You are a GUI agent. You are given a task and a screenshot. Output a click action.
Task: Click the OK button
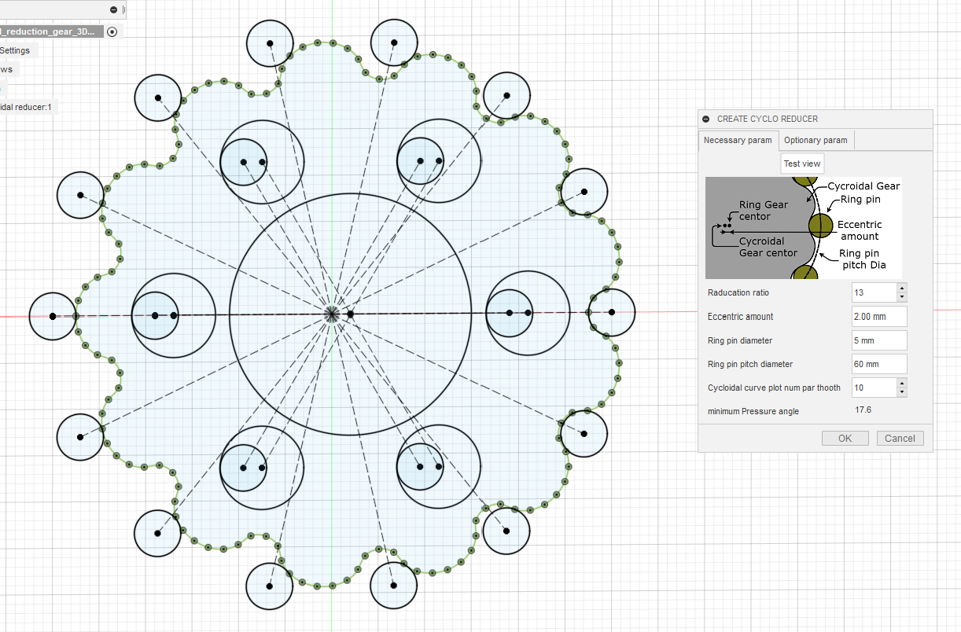coord(845,439)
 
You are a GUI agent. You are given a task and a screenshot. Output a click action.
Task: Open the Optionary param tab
coord(816,141)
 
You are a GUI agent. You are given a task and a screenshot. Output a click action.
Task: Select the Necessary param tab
coord(738,141)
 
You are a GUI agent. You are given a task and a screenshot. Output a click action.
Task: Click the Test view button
coord(802,164)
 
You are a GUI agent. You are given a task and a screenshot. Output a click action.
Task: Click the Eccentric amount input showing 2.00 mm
coord(879,317)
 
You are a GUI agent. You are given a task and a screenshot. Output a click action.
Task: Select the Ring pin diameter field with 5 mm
coord(879,340)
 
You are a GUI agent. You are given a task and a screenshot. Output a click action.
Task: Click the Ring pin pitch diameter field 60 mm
coord(879,364)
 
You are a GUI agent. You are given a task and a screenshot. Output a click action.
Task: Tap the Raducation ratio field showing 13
coord(874,292)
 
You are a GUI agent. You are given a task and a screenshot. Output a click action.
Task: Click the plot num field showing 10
coord(874,388)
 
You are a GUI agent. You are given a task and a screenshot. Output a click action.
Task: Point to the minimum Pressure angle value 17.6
coord(863,410)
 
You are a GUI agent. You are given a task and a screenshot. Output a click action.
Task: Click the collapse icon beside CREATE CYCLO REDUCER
coord(706,119)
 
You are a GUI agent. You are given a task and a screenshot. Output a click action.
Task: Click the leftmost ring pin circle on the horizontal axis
coord(52,316)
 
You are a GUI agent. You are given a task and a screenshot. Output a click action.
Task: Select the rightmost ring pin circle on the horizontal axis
coord(611,312)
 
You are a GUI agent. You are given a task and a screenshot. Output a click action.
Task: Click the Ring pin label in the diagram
coord(860,200)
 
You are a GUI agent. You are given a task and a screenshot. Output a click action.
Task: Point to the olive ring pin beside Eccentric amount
coord(820,226)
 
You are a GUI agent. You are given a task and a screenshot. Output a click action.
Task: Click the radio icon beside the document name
coord(112,31)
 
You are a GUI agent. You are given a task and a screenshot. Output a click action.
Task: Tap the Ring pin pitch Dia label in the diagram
coord(862,259)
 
